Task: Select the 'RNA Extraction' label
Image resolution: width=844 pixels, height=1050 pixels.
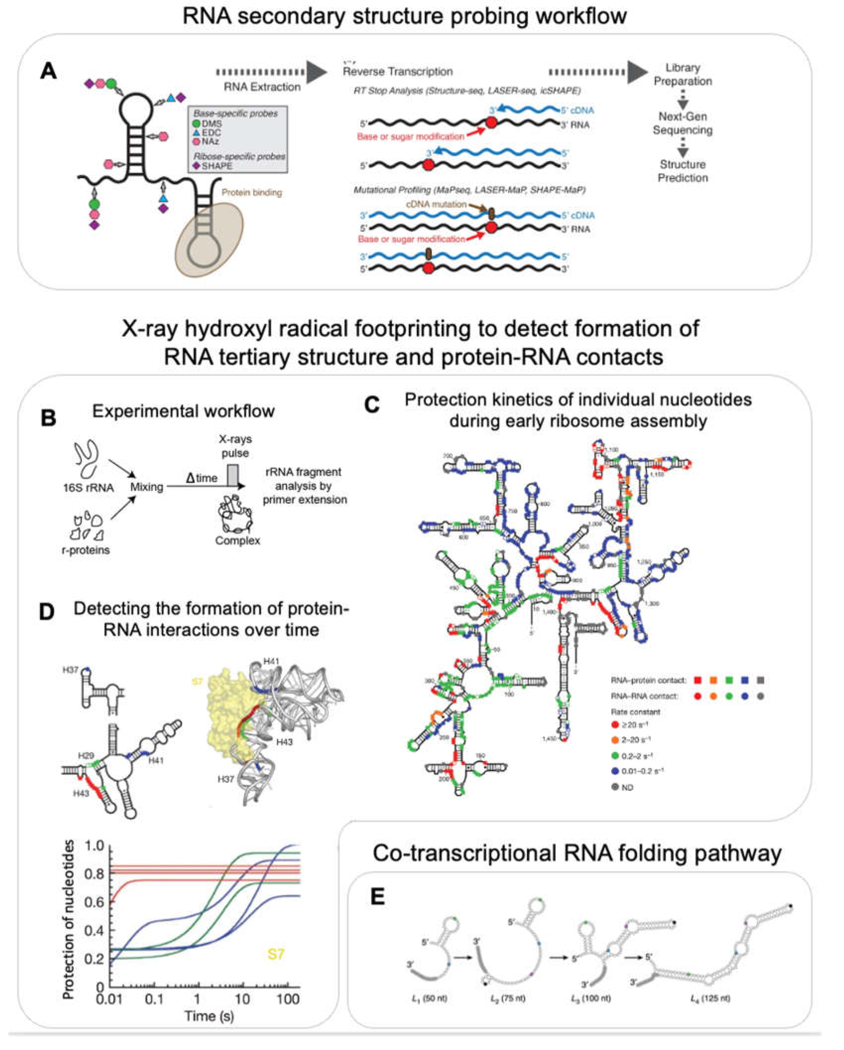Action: click(x=262, y=87)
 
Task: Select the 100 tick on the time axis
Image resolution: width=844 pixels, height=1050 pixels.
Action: click(x=287, y=999)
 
